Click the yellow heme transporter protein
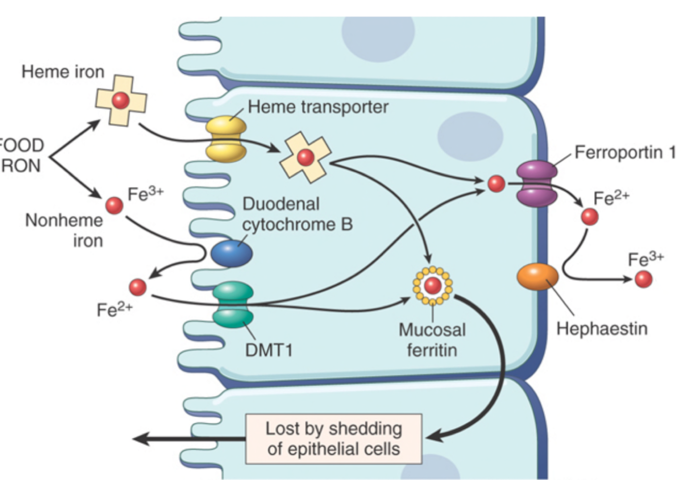pyautogui.click(x=226, y=139)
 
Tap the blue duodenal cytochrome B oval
pyautogui.click(x=232, y=253)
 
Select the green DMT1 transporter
pyautogui.click(x=233, y=305)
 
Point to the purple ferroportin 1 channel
pyautogui.click(x=537, y=184)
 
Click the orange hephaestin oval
pyautogui.click(x=537, y=277)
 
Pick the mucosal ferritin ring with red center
pyautogui.click(x=433, y=286)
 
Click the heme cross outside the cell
pyautogui.click(x=121, y=100)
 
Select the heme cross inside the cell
pyautogui.click(x=305, y=157)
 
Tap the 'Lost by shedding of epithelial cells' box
pyautogui.click(x=334, y=439)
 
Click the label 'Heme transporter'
pyautogui.click(x=318, y=107)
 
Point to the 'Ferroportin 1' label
pyautogui.click(x=625, y=153)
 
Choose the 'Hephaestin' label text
pyautogui.click(x=602, y=329)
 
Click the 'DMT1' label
pyautogui.click(x=268, y=350)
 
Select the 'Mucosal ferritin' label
pyautogui.click(x=432, y=340)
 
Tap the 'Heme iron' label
pyautogui.click(x=63, y=72)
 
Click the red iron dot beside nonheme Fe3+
pyautogui.click(x=114, y=205)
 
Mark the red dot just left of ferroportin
pyautogui.click(x=496, y=184)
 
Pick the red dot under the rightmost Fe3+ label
pyautogui.click(x=644, y=279)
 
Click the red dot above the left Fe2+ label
pyautogui.click(x=138, y=287)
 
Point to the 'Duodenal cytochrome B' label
pyautogui.click(x=297, y=214)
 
